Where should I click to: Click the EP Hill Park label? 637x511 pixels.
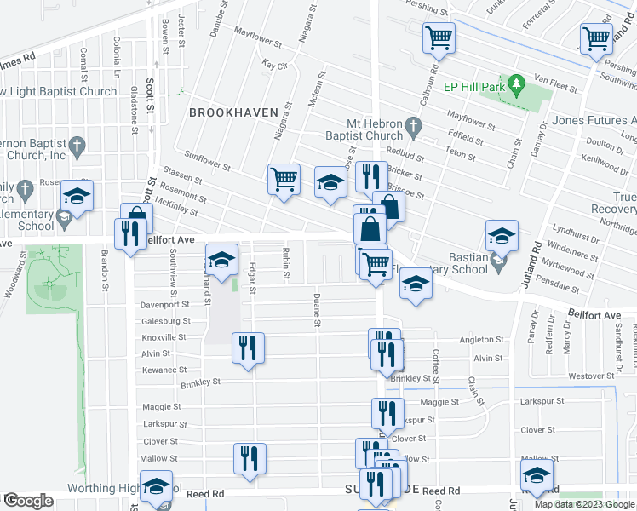tap(473, 87)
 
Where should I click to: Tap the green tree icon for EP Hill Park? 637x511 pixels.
tap(515, 84)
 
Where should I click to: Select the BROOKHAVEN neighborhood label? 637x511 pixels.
tap(224, 112)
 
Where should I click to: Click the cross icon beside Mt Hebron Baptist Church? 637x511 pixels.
tap(413, 129)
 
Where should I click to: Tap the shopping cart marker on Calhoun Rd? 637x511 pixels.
tap(439, 37)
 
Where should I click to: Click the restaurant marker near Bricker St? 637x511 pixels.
tap(370, 176)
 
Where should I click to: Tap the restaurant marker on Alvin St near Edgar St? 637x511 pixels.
tap(248, 347)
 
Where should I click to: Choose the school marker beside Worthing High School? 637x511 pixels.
tap(156, 486)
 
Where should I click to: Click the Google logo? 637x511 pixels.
tap(27, 502)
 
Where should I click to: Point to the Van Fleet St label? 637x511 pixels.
tap(555, 88)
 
